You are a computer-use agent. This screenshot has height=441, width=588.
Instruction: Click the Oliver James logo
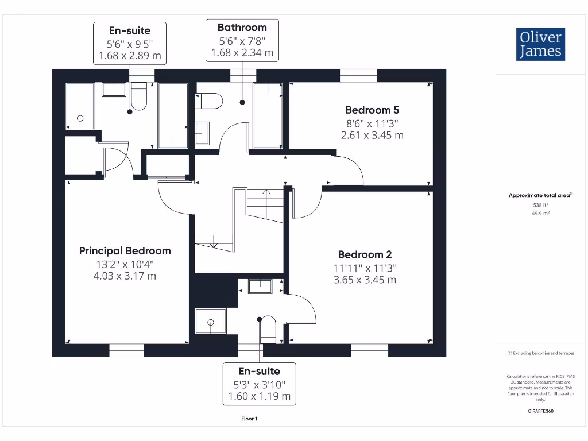pos(540,44)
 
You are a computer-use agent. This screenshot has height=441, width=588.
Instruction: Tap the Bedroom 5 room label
pos(372,110)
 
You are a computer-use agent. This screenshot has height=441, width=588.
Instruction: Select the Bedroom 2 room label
pos(365,254)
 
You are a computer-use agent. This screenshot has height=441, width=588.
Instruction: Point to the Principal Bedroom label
pos(125,250)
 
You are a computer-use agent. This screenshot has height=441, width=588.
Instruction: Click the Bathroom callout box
pos(242,40)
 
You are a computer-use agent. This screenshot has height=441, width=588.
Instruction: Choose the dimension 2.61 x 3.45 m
pos(372,136)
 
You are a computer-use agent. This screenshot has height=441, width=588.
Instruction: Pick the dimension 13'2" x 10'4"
pos(125,264)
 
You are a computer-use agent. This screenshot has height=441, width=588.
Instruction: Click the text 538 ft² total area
pos(540,204)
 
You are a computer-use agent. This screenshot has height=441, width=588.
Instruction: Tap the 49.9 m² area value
pos(540,213)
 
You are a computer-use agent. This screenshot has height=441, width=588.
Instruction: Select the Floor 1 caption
pos(249,419)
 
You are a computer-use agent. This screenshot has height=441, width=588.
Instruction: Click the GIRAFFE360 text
pos(540,411)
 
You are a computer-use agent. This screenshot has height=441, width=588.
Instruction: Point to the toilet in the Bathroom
pos(208,102)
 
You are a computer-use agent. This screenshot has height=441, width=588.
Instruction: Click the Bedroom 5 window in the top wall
pos(358,75)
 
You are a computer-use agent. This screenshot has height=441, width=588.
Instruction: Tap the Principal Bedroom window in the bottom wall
pos(126,350)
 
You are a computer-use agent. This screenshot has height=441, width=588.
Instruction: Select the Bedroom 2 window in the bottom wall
pos(369,350)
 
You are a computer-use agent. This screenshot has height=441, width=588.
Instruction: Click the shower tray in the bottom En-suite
pos(210,321)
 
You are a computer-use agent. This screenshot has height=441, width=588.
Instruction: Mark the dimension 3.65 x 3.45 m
pos(365,280)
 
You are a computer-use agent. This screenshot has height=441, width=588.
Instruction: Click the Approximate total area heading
pos(540,195)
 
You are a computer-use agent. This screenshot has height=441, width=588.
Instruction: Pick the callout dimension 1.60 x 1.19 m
pos(260,396)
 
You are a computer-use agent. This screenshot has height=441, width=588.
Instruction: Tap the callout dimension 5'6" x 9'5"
pos(130,44)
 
